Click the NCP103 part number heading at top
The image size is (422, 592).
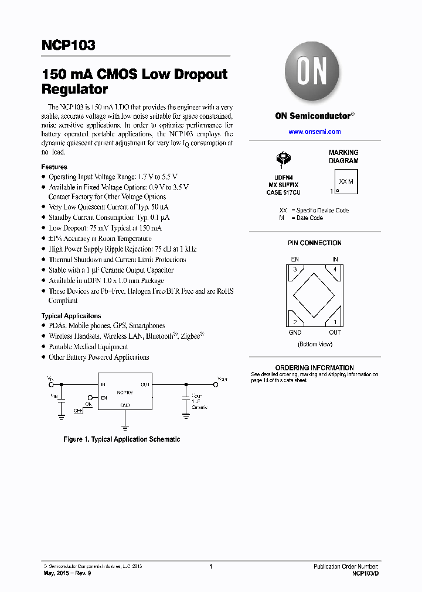[x=68, y=46]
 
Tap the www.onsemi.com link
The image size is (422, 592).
[x=315, y=132]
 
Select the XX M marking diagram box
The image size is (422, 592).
[x=346, y=181]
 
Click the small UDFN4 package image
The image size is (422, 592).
[x=284, y=157]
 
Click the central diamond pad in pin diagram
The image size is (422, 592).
[x=315, y=295]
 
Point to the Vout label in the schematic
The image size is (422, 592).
[x=222, y=379]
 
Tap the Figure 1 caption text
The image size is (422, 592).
[x=121, y=439]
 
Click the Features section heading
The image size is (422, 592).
[x=54, y=167]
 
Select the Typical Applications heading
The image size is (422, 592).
[x=71, y=316]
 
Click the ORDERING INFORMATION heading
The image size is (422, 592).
[x=314, y=368]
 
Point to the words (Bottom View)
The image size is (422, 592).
[x=315, y=345]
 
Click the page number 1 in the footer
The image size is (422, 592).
[x=210, y=566]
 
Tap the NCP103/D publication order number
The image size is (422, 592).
[x=365, y=574]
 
